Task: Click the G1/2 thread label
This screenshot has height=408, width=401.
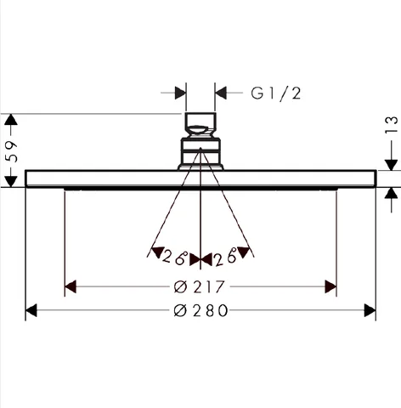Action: [276, 93]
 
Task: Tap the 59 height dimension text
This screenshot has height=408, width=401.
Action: [12, 151]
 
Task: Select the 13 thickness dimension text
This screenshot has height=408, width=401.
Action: [392, 124]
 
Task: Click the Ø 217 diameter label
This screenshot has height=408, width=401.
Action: [199, 287]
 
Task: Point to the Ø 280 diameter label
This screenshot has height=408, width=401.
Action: [200, 310]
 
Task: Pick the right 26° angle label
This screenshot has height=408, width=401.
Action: [225, 258]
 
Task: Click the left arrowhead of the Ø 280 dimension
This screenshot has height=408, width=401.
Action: [31, 310]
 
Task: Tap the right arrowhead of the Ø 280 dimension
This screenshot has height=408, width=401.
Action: [370, 310]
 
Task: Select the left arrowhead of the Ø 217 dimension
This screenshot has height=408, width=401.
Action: [71, 286]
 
